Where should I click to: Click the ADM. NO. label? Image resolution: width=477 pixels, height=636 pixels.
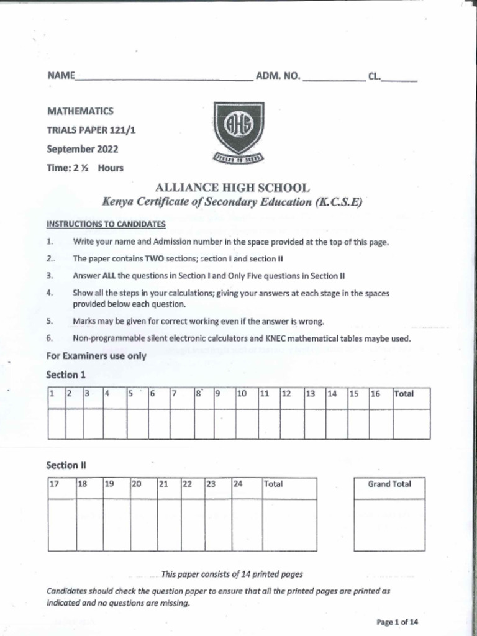(278, 77)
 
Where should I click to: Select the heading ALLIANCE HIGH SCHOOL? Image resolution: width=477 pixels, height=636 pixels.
(232, 188)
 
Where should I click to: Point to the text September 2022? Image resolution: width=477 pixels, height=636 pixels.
(82, 149)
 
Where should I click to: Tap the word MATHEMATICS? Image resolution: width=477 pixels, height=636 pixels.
(80, 111)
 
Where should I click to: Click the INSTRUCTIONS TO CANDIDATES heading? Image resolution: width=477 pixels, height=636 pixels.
(106, 224)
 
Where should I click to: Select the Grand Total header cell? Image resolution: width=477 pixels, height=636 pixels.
(389, 484)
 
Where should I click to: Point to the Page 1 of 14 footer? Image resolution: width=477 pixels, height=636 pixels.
(397, 622)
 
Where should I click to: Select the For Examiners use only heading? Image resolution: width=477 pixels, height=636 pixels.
(96, 356)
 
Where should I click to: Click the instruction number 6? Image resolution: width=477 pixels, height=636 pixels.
(50, 338)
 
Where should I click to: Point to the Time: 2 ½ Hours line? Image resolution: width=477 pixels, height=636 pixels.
(85, 168)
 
